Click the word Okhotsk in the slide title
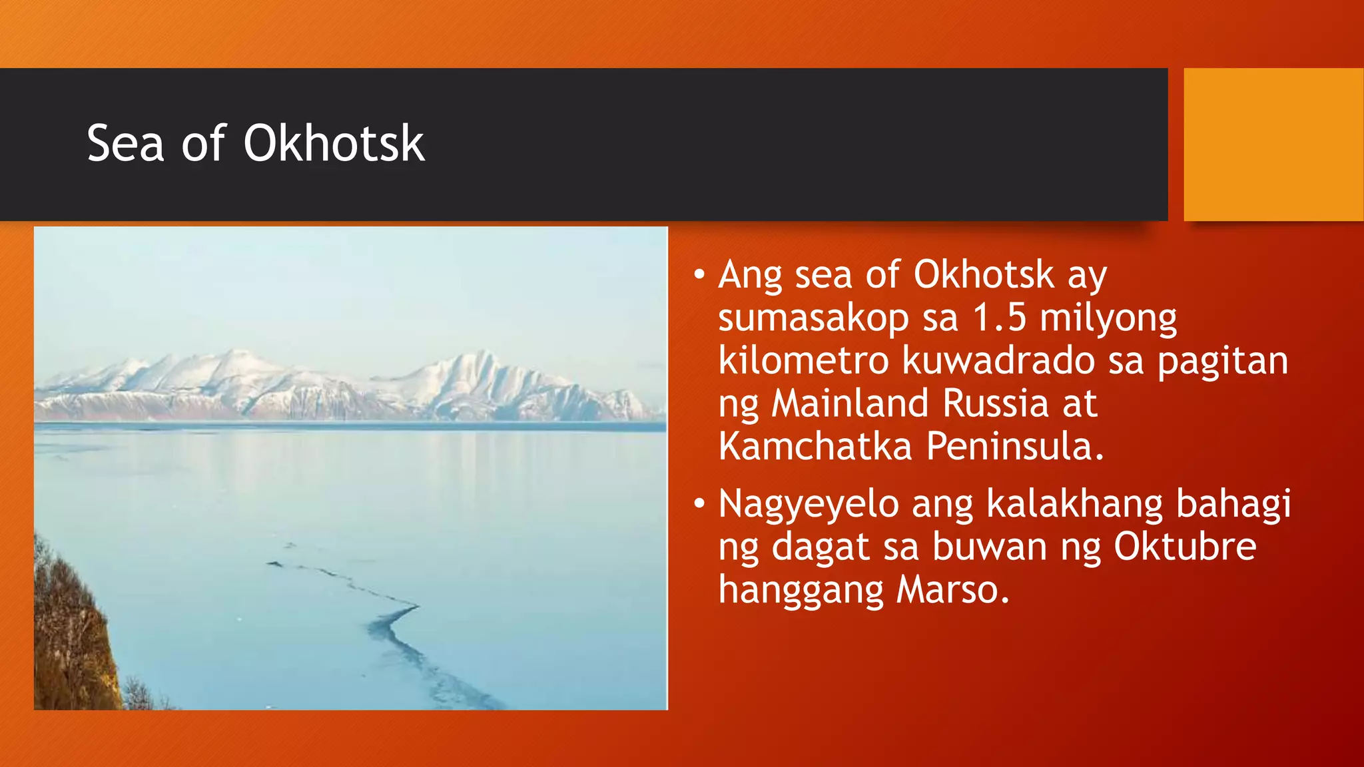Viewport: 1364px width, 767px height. pyautogui.click(x=334, y=143)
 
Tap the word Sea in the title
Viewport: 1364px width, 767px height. pyautogui.click(x=125, y=143)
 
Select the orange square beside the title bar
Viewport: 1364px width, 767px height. pyautogui.click(x=1273, y=144)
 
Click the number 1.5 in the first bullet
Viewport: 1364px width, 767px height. pyautogui.click(x=999, y=318)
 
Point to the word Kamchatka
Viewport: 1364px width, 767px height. pyautogui.click(x=815, y=446)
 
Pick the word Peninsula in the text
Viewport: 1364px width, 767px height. pyautogui.click(x=1015, y=446)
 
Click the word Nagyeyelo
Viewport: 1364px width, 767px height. pyautogui.click(x=809, y=505)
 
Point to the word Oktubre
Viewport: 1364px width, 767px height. pyautogui.click(x=1185, y=547)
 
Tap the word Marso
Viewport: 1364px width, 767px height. pyautogui.click(x=952, y=590)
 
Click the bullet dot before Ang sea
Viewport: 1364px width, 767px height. pyautogui.click(x=699, y=274)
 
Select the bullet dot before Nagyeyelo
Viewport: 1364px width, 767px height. pyautogui.click(x=699, y=503)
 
